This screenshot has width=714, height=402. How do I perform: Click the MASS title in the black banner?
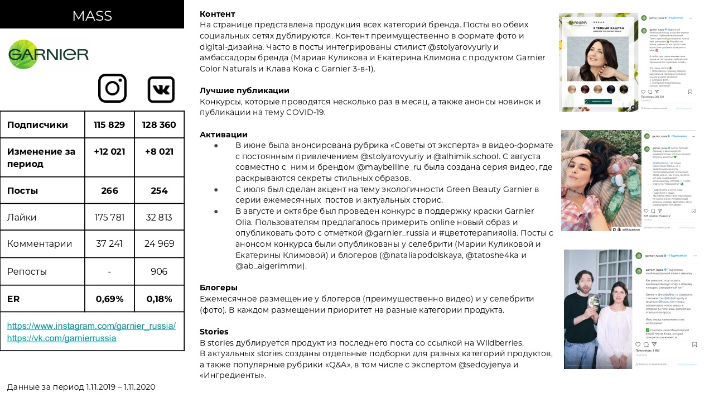tap(92, 16)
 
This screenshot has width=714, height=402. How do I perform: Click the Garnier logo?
tap(49, 54)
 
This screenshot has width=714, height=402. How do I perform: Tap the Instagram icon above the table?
tap(112, 88)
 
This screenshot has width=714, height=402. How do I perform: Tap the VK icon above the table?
tap(161, 89)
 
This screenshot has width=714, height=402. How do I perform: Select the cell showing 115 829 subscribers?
tap(109, 125)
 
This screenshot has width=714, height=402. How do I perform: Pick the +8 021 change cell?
tap(159, 151)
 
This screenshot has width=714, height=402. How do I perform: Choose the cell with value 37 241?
tap(109, 243)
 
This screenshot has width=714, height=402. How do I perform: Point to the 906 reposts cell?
tap(159, 271)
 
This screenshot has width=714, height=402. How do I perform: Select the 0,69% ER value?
tap(109, 299)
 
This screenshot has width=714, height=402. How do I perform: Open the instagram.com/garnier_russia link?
tap(91, 326)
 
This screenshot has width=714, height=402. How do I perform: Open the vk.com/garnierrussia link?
tap(61, 338)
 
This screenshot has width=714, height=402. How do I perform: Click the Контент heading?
tap(217, 14)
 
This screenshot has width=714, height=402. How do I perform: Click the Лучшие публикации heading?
tap(244, 90)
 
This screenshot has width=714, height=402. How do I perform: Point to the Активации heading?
tap(223, 135)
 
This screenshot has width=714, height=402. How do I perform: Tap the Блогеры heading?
tap(219, 288)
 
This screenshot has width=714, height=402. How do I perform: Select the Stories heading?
tap(214, 332)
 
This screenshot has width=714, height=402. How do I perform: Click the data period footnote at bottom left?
tap(81, 387)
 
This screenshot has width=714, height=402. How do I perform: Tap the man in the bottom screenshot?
tap(581, 313)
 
